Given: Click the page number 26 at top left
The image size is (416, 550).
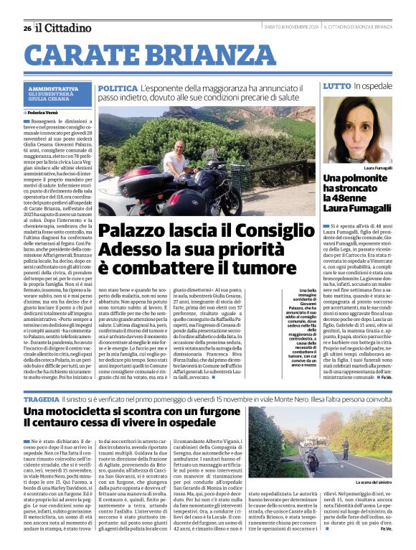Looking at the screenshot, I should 27,28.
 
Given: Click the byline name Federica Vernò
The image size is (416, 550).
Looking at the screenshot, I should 45,113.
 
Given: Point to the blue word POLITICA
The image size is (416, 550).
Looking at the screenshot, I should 118,87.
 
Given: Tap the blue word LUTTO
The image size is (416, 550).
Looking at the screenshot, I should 336,86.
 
